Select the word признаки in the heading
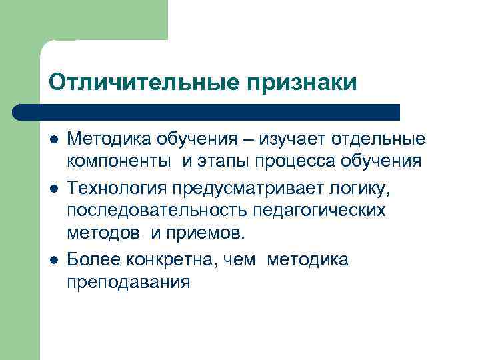click(302, 82)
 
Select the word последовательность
click(157, 211)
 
